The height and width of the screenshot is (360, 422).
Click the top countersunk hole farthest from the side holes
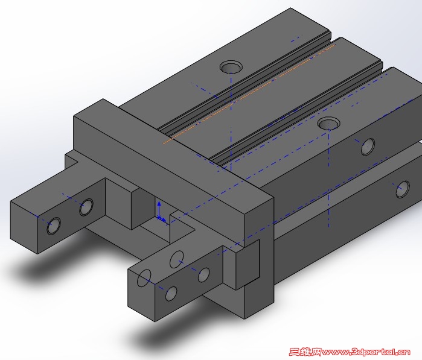click(229, 66)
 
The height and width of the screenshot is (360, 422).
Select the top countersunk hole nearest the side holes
click(328, 124)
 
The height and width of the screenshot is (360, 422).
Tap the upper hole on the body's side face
click(367, 146)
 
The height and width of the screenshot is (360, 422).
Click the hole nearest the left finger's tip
click(53, 226)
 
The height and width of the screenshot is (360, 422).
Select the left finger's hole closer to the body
click(86, 207)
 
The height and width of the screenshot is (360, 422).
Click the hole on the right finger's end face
click(144, 279)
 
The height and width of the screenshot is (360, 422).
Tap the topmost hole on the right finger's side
click(176, 259)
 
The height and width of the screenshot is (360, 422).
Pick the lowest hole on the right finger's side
click(171, 294)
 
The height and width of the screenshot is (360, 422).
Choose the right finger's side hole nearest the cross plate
click(204, 275)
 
